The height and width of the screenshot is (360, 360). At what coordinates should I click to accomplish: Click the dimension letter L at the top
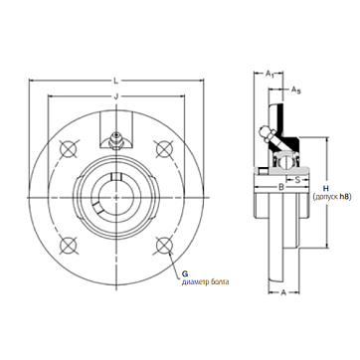coord(115,81)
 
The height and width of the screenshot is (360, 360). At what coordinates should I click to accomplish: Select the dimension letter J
coord(116,96)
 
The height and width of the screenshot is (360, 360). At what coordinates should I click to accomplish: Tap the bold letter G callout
coord(185,273)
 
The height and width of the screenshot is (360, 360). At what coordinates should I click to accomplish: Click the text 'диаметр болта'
coord(205,282)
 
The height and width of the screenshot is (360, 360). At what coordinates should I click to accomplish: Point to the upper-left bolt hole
coord(69,148)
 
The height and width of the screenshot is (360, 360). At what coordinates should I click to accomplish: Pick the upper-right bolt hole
coord(164,148)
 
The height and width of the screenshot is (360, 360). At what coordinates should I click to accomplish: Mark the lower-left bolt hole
coord(69,246)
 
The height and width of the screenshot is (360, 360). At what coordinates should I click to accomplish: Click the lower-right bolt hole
coord(164,246)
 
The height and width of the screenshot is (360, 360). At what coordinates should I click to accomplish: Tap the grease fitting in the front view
coord(116,141)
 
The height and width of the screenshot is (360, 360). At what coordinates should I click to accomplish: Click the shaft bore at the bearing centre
coord(116,197)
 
